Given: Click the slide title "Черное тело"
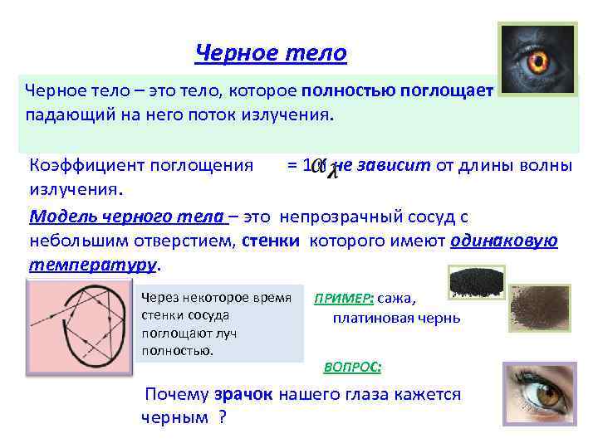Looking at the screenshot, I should (x=271, y=54).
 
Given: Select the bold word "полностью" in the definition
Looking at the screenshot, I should (x=349, y=90).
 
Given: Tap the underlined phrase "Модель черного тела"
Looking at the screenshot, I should (x=129, y=217).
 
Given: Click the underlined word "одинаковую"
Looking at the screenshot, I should (x=503, y=241).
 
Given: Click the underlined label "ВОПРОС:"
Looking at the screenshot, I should (x=352, y=366).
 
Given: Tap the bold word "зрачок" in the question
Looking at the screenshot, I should (x=243, y=395).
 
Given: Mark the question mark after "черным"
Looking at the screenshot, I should (x=222, y=417).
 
